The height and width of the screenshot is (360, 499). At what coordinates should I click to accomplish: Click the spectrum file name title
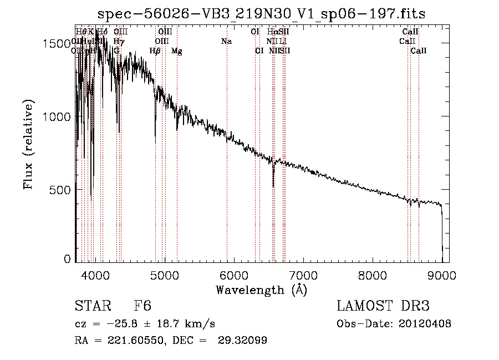(262, 14)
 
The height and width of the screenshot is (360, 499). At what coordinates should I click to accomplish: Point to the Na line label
(226, 41)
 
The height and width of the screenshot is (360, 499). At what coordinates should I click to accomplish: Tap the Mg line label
(176, 51)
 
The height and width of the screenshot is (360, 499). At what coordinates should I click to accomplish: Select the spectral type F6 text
(142, 307)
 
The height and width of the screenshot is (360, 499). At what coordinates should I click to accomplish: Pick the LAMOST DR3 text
(383, 307)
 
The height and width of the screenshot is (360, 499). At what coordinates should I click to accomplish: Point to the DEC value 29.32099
(242, 341)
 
